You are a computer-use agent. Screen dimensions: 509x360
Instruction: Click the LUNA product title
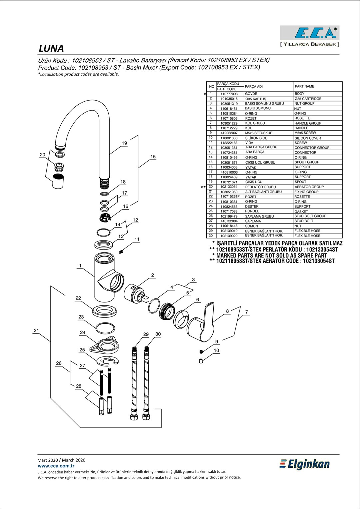pos(51,49)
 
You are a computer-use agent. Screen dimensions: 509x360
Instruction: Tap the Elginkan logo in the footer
pos(304,464)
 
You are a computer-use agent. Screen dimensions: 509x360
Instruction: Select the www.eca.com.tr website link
pos(56,466)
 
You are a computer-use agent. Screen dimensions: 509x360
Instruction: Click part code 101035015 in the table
pos(229,99)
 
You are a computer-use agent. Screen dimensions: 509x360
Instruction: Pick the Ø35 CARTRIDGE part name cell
pos(308,99)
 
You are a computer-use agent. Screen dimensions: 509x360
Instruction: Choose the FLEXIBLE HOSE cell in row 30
pos(307,236)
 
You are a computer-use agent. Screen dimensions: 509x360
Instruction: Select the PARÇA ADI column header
pos(254,87)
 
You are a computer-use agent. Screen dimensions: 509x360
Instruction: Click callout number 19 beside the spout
pos(124,143)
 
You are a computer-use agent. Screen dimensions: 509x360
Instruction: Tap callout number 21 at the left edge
pos(36,330)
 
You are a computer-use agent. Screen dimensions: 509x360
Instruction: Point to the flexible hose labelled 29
pos(134,383)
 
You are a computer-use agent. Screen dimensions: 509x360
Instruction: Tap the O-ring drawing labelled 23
pos(105,328)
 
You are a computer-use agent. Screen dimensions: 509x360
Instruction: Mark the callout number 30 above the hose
pos(158,334)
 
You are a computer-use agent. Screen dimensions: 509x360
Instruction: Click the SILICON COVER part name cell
pos(307,138)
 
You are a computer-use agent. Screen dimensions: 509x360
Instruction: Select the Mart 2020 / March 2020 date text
pos(61,460)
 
